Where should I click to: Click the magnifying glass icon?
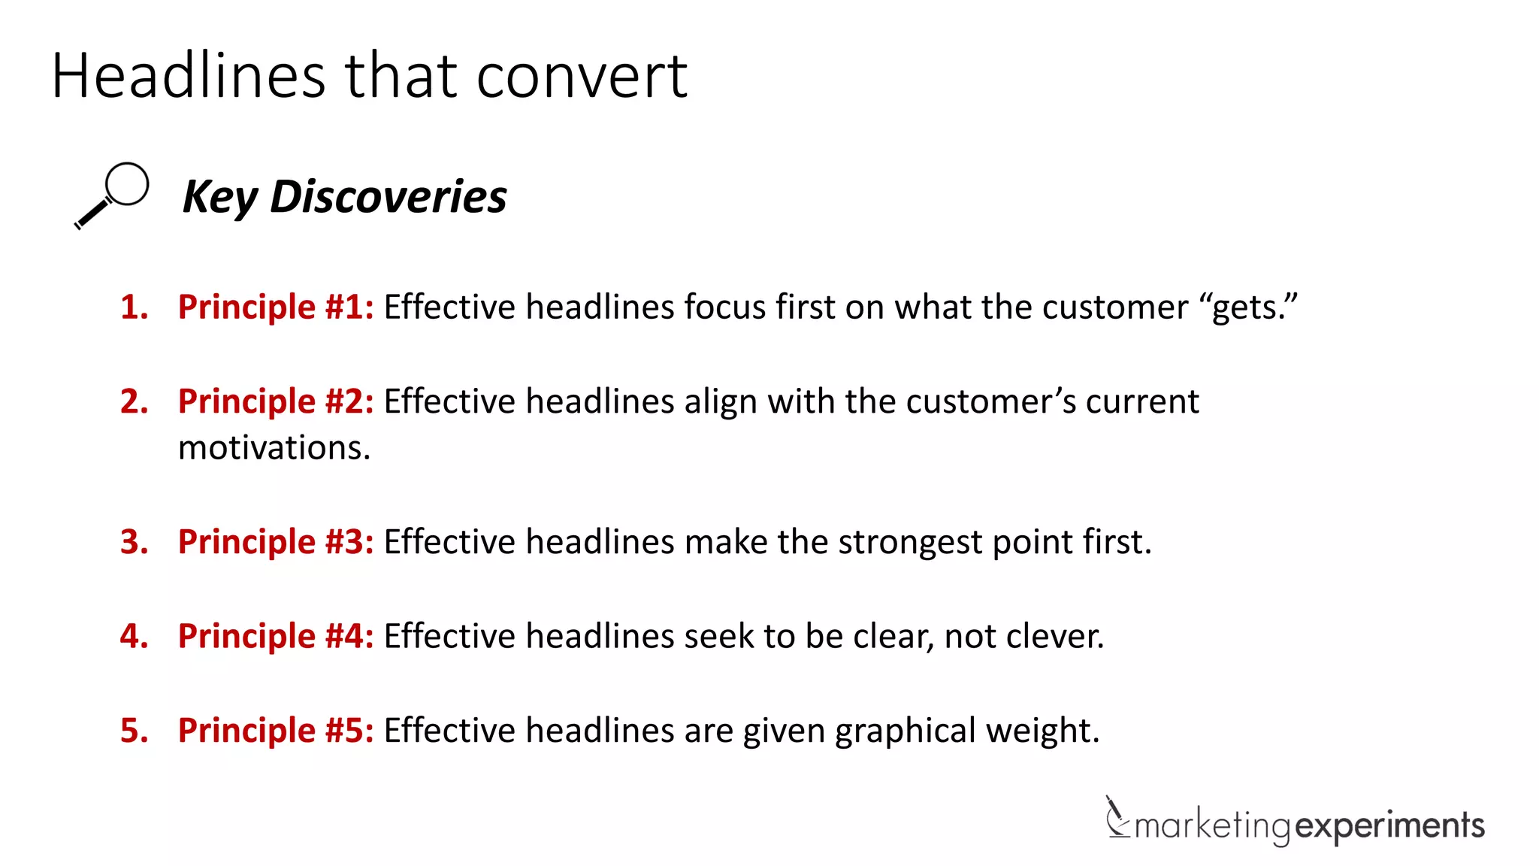click(x=112, y=195)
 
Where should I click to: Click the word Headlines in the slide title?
click(x=189, y=76)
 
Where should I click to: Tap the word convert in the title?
click(x=582, y=76)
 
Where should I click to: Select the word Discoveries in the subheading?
click(x=388, y=197)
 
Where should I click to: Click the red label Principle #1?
click(x=276, y=307)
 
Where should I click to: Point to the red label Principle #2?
click(x=276, y=401)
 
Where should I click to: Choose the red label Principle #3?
click(x=276, y=542)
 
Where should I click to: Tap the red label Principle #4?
click(x=276, y=636)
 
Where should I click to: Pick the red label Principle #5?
click(x=276, y=731)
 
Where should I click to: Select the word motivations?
click(x=274, y=448)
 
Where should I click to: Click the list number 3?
click(x=134, y=542)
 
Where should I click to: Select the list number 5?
click(x=134, y=731)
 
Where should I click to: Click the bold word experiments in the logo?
click(x=1390, y=825)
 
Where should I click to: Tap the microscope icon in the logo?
click(x=1117, y=817)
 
